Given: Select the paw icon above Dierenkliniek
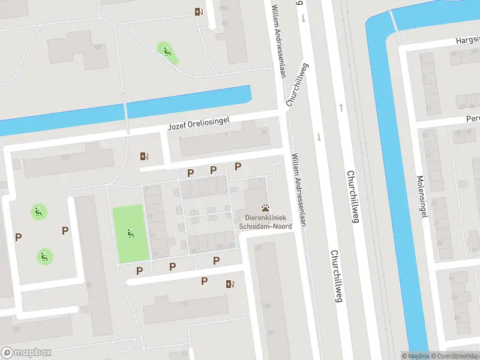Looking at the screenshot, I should pos(265,206).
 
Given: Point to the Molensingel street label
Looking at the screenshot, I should pos(422,196).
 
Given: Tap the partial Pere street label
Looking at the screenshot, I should pos(473,119).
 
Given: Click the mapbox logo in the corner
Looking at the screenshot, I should pos(26,352).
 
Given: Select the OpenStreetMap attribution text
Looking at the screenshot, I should pos(454,356).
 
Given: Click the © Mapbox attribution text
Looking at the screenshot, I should pos(415,356).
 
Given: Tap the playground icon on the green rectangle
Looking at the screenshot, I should pos(130,233).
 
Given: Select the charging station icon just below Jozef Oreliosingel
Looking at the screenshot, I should pos(144,157).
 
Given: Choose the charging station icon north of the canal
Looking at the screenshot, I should pos(199,11).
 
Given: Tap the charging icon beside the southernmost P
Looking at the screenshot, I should pos(229,284).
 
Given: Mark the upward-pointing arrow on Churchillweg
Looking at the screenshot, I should pos(341,107).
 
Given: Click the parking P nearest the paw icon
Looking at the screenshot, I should pos(238,166).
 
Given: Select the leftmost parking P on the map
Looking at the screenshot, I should pos(18,237).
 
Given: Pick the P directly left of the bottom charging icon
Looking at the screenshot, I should pos(204,281).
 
